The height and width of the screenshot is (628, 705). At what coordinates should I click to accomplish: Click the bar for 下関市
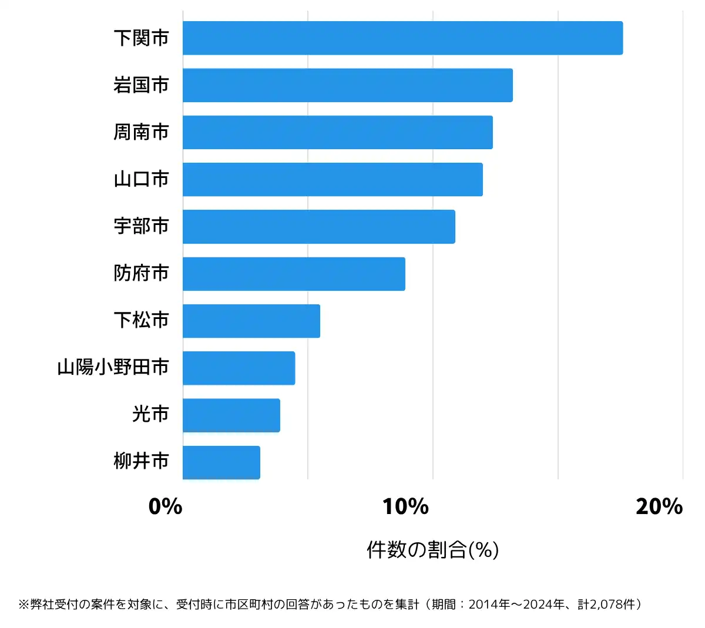click(402, 38)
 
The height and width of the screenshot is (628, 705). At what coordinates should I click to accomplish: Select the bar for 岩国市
click(347, 85)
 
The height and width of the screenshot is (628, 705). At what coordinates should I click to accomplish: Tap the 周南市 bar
click(337, 132)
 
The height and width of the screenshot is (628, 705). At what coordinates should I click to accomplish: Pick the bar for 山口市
click(333, 179)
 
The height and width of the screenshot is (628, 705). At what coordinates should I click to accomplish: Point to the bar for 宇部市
click(318, 226)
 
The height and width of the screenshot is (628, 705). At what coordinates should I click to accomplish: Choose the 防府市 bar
click(294, 274)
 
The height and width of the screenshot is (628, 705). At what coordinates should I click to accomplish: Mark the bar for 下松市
click(251, 321)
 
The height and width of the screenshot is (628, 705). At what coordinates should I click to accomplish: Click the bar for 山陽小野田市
click(239, 368)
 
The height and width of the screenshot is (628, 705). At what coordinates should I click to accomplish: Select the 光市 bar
click(231, 415)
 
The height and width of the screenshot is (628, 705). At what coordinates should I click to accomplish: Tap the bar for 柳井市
click(221, 462)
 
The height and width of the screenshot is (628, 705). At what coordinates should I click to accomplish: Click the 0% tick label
click(165, 506)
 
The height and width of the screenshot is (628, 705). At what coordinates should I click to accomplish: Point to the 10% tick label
click(405, 506)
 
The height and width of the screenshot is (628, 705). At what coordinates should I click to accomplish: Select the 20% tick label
click(659, 506)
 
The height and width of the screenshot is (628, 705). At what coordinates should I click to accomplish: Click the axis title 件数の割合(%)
click(432, 550)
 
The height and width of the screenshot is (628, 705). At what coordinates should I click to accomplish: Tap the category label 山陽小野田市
click(113, 368)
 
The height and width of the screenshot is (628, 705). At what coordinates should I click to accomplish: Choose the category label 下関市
click(141, 38)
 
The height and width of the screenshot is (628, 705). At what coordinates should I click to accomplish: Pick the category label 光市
click(150, 415)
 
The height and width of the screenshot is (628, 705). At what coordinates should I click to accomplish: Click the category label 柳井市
click(141, 462)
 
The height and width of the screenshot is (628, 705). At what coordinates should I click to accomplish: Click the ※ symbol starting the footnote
click(23, 605)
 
